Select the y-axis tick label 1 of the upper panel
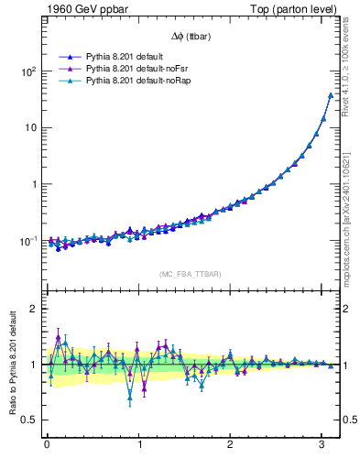point(32,184)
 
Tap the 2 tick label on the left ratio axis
point(32,309)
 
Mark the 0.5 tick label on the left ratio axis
point(27,420)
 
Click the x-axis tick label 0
point(47,444)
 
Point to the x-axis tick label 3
point(322,444)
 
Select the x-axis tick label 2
point(230,444)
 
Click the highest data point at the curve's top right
point(331,94)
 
